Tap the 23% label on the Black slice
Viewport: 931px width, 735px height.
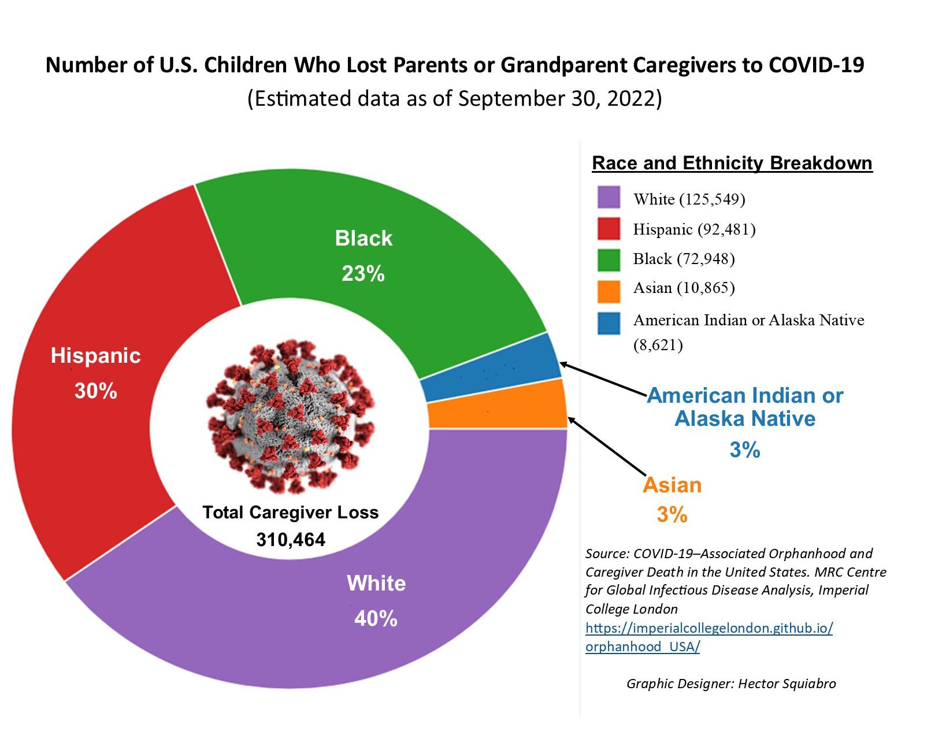point(363,274)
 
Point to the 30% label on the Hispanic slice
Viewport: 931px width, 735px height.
point(96,391)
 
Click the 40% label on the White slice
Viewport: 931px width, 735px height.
point(376,619)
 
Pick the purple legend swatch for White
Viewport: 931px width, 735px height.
point(609,197)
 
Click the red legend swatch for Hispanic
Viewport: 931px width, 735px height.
point(609,228)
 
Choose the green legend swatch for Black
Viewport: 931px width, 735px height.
point(609,259)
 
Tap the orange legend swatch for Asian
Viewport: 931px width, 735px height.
point(609,291)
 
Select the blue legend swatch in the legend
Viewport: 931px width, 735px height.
point(609,323)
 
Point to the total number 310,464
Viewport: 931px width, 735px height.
point(291,540)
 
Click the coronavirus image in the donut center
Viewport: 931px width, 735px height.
point(291,416)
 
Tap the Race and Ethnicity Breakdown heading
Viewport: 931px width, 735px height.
point(732,163)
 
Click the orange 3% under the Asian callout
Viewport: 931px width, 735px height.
point(672,514)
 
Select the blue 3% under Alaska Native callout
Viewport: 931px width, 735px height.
point(745,450)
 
